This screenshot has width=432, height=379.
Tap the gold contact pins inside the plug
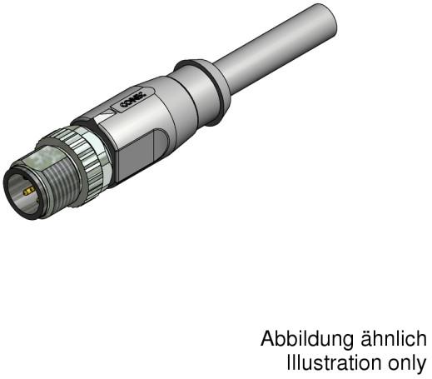29,191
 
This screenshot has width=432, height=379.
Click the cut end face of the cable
325,20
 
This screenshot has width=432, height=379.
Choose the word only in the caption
411,364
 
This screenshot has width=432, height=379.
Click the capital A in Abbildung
269,340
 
